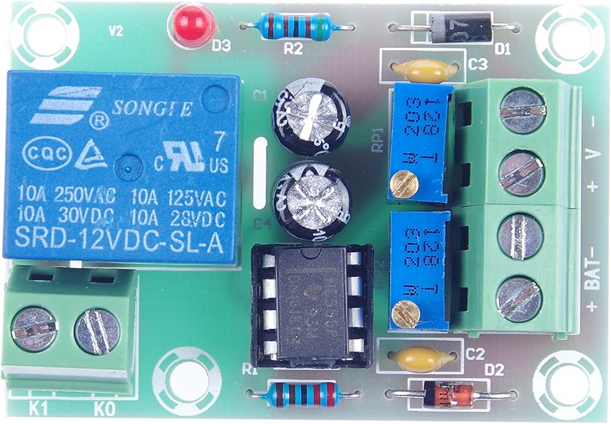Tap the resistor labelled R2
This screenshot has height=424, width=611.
(x=295, y=26)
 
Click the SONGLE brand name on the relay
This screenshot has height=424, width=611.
(x=153, y=109)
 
